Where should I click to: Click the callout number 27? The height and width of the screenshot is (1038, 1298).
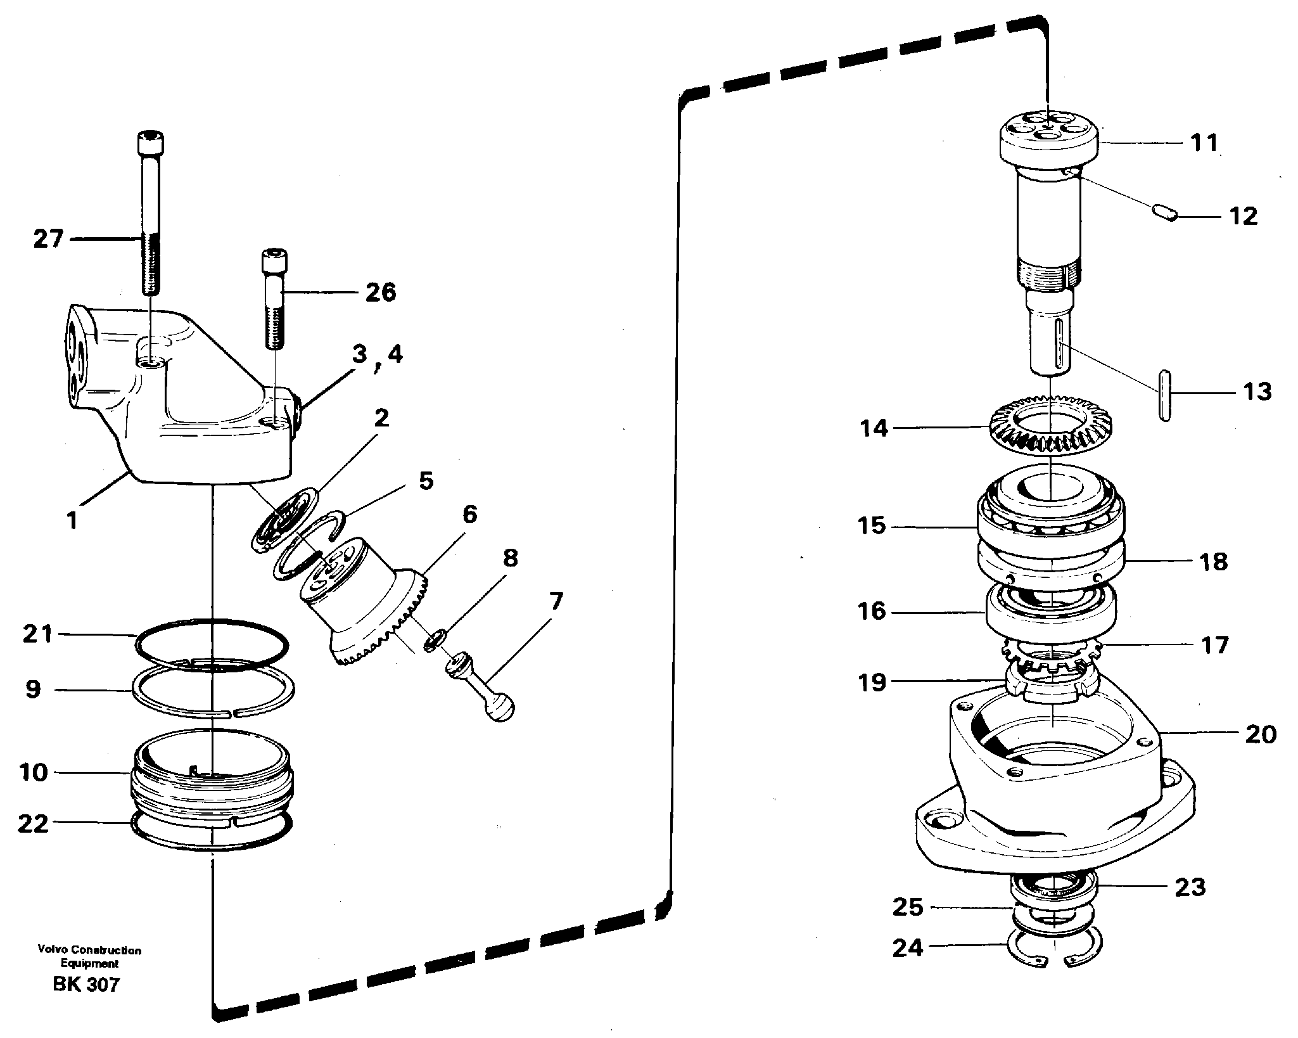click(48, 239)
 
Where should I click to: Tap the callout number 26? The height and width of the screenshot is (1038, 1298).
click(380, 292)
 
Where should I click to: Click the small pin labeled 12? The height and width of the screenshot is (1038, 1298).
click(1164, 212)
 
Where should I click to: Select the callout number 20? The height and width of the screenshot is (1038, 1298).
click(1260, 734)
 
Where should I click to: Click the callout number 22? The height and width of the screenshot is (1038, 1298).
click(33, 823)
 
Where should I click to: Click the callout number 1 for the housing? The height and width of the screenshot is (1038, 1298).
click(72, 521)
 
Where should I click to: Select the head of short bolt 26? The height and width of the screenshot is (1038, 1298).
click(273, 261)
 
